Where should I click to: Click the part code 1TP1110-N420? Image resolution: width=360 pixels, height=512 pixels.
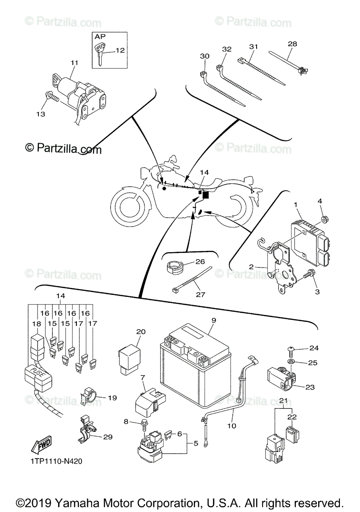point(56,461)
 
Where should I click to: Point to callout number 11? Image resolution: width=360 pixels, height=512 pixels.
point(75,63)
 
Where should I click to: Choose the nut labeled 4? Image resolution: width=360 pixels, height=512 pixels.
point(324,219)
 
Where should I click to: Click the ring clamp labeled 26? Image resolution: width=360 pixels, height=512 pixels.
point(174,268)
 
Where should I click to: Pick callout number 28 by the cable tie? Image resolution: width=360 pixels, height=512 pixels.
point(293,44)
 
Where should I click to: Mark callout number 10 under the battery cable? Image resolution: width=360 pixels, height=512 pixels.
point(231,425)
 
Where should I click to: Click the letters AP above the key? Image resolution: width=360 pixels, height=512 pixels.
point(100,37)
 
